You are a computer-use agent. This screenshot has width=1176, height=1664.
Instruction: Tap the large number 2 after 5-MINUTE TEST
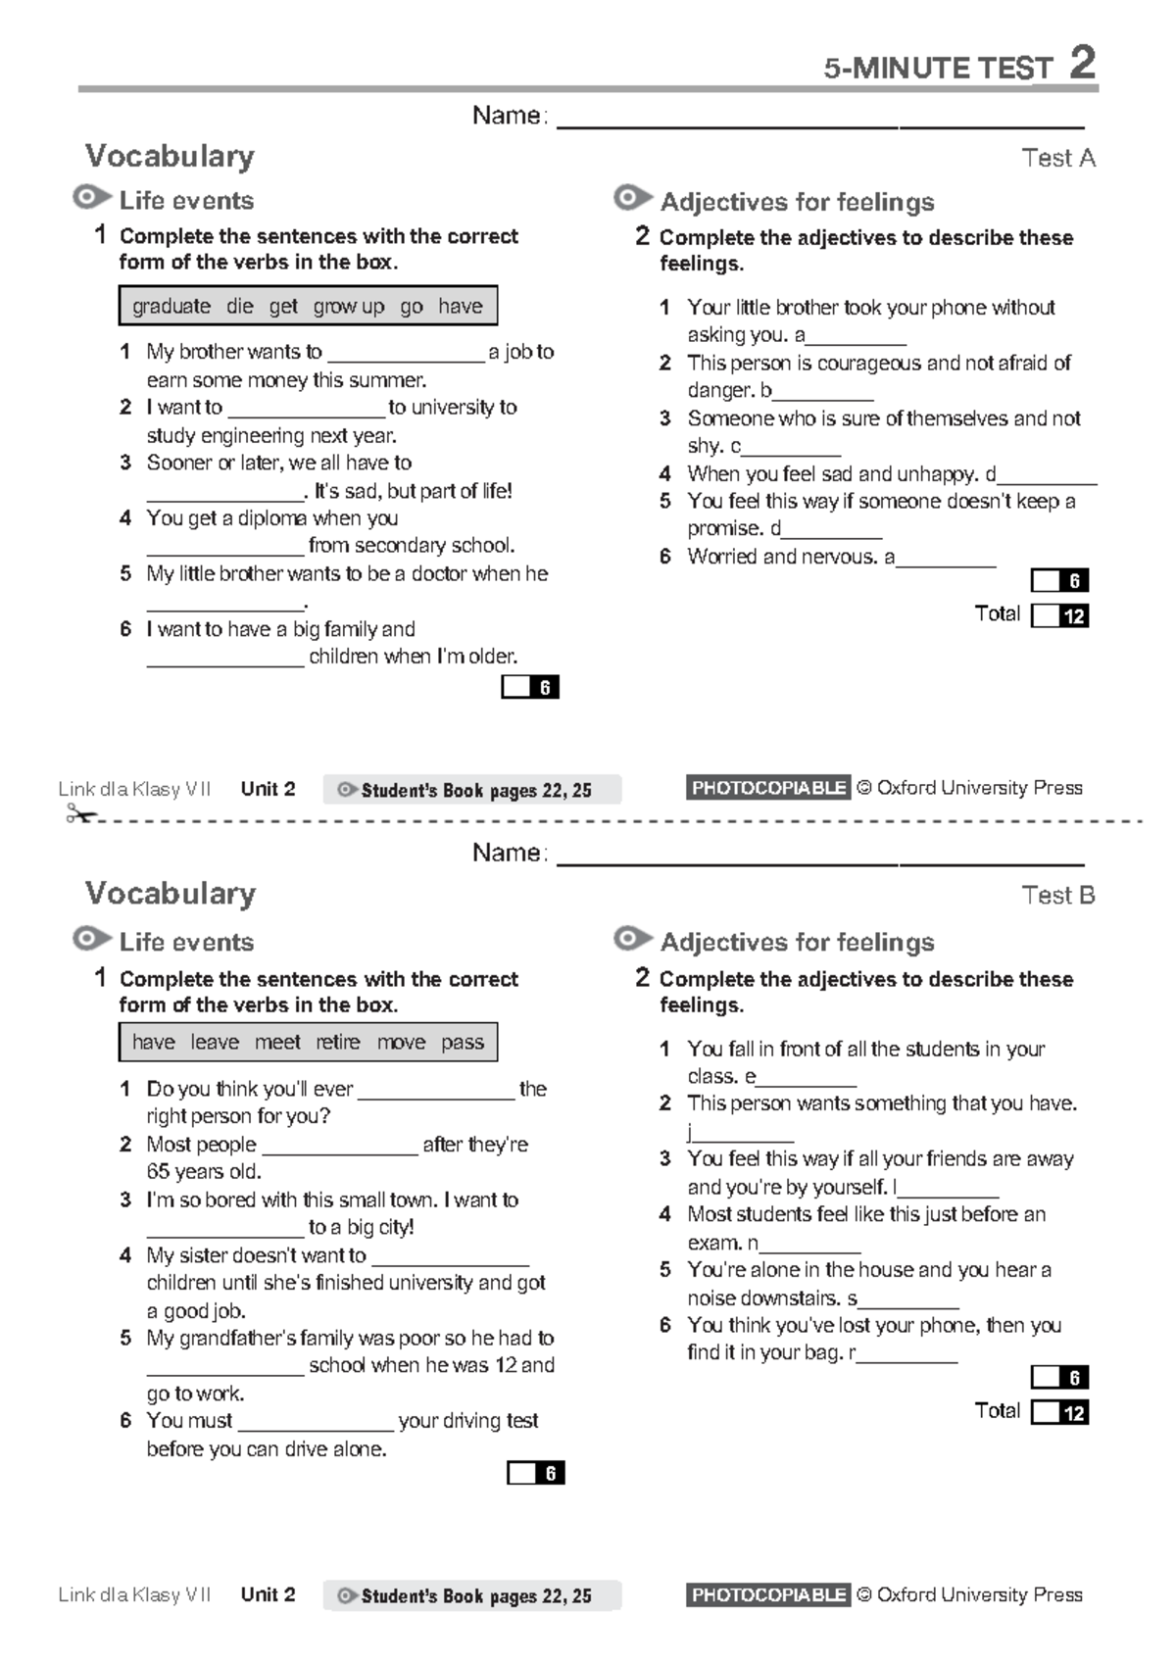[1082, 64]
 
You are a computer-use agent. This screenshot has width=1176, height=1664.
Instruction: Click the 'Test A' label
[1057, 158]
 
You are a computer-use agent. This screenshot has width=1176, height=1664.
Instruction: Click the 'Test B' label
[1057, 895]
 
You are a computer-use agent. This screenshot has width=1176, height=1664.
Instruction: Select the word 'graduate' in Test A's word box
[171, 306]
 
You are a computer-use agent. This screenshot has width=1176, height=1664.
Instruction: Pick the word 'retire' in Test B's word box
[338, 1042]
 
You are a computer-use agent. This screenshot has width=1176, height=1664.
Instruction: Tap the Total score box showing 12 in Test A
[1059, 615]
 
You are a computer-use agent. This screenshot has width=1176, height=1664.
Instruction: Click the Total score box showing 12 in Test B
[1059, 1412]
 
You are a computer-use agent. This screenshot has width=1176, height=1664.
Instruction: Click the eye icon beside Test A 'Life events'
[91, 198]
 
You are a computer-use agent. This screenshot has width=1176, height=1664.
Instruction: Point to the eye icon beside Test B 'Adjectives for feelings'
[632, 940]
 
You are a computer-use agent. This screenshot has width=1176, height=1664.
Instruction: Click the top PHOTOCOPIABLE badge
[767, 788]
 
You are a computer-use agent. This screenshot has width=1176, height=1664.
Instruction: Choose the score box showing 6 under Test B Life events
[535, 1473]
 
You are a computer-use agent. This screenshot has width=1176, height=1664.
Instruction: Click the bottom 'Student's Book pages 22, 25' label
[475, 1596]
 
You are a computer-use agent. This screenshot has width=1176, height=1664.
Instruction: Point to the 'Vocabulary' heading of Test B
[171, 893]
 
